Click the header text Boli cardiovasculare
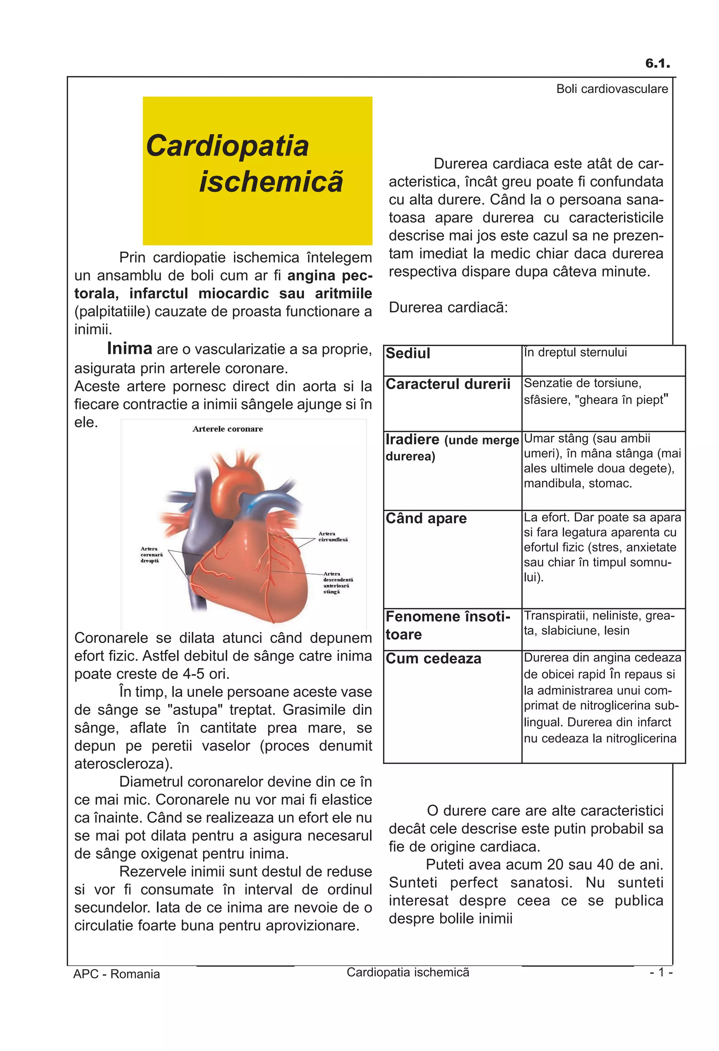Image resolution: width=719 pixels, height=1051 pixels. click(612, 89)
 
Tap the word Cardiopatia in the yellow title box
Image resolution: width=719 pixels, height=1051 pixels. click(227, 146)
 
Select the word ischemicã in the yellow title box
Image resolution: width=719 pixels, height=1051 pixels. click(270, 182)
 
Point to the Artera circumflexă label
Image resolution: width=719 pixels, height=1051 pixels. click(333, 536)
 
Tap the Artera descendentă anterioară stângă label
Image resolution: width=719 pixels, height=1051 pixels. click(337, 582)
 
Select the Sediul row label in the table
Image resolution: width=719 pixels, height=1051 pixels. click(408, 353)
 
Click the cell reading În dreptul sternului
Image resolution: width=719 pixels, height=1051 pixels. click(575, 352)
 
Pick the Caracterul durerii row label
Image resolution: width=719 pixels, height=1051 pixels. click(448, 384)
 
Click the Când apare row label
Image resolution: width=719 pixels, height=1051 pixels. click(426, 518)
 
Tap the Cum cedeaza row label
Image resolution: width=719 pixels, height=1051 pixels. click(433, 659)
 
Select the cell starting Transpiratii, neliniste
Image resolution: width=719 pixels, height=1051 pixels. click(598, 623)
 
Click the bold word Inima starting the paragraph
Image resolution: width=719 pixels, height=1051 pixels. click(129, 349)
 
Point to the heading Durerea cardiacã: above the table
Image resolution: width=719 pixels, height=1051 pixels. click(448, 308)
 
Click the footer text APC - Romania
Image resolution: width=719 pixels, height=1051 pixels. click(117, 974)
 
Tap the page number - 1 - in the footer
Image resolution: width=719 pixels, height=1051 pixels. click(661, 972)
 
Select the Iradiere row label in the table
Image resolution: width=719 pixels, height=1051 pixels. click(412, 439)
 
